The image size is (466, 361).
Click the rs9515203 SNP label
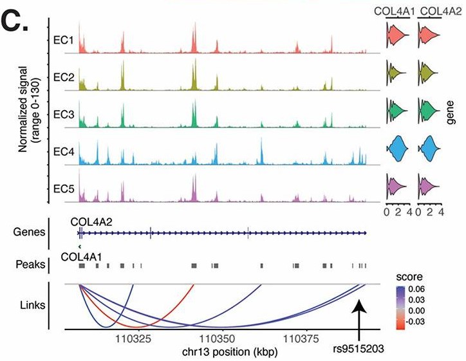point(358,349)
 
